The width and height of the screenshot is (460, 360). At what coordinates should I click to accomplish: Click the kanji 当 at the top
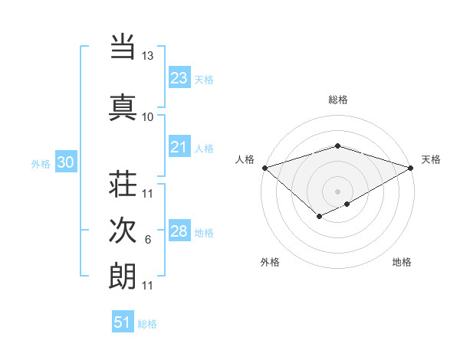[123, 47]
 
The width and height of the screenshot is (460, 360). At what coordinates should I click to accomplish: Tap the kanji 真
[123, 106]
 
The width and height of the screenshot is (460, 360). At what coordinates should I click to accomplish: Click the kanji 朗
[123, 275]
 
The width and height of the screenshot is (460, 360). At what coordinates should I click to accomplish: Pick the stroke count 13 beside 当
[148, 56]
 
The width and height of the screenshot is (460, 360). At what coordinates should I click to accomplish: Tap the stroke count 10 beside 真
[148, 116]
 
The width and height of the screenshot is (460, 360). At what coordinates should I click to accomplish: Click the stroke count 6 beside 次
[148, 240]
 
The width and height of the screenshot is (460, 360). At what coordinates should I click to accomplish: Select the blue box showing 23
[179, 78]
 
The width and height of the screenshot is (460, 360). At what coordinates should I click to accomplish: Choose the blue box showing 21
[179, 147]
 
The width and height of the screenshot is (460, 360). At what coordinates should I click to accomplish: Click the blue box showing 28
[179, 231]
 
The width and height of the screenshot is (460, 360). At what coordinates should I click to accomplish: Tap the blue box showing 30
[65, 162]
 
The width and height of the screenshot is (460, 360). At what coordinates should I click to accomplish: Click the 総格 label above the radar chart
[338, 100]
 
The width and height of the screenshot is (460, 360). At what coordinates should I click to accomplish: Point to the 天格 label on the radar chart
[431, 159]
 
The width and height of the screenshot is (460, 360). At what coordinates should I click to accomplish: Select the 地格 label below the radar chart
[402, 263]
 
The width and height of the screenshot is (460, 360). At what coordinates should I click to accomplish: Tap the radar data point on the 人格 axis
[264, 167]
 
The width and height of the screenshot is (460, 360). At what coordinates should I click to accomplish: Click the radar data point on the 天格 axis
[412, 167]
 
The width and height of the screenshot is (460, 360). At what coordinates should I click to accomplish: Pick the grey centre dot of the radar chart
[337, 191]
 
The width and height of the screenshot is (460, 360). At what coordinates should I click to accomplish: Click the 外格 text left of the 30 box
[41, 163]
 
